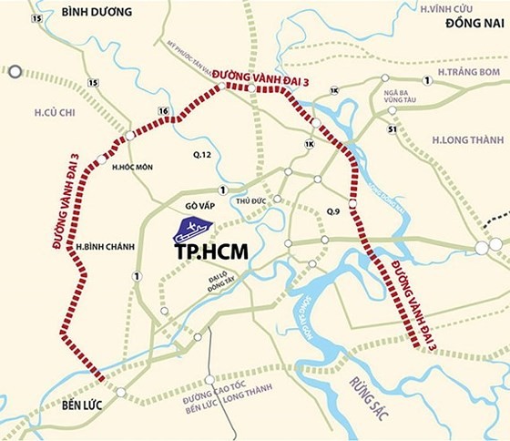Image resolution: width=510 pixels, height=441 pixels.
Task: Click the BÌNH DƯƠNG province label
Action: pyautogui.click(x=80, y=12)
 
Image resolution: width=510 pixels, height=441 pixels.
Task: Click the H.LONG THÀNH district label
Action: pyautogui.click(x=464, y=139)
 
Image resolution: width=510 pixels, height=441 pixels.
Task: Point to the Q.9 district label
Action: pyautogui.click(x=335, y=211)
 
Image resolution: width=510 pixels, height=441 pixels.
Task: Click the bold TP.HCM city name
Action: pyautogui.click(x=211, y=246)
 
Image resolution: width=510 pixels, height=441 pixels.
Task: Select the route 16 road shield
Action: pyautogui.click(x=164, y=111)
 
